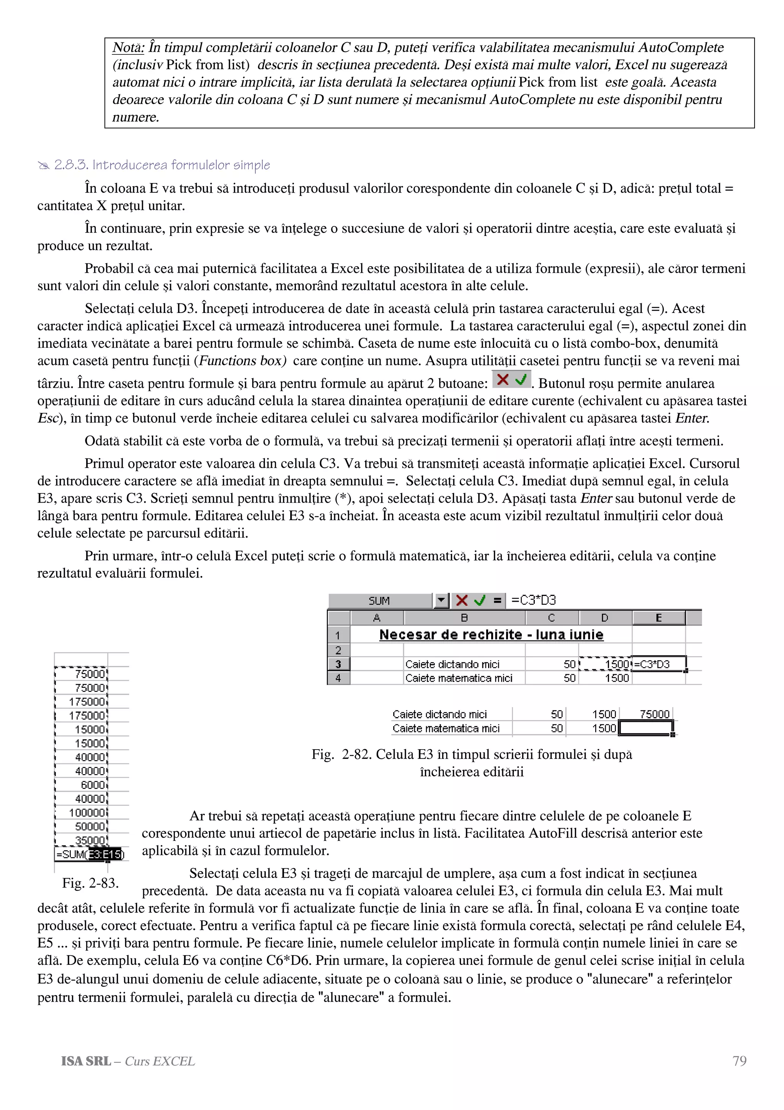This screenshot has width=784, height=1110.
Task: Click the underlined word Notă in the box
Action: [128, 48]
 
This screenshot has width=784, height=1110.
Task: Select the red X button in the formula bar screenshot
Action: [462, 601]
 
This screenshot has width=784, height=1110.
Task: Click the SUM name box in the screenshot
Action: [380, 601]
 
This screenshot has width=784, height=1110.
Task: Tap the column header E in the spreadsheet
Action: [658, 618]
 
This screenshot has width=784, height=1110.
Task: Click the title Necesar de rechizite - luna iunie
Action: [491, 635]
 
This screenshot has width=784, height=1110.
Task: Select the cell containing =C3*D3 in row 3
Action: [658, 664]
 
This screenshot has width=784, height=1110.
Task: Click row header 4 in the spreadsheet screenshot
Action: [338, 678]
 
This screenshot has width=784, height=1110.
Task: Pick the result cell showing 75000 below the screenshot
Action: [654, 714]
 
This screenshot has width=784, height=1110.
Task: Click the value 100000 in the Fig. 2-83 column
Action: [87, 813]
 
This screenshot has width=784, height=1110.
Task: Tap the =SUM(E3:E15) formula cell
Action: [90, 854]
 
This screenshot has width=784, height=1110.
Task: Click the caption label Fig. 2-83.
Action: [90, 883]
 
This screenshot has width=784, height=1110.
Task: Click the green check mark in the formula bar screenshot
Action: [480, 601]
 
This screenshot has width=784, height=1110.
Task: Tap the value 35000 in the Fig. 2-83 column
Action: [90, 841]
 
